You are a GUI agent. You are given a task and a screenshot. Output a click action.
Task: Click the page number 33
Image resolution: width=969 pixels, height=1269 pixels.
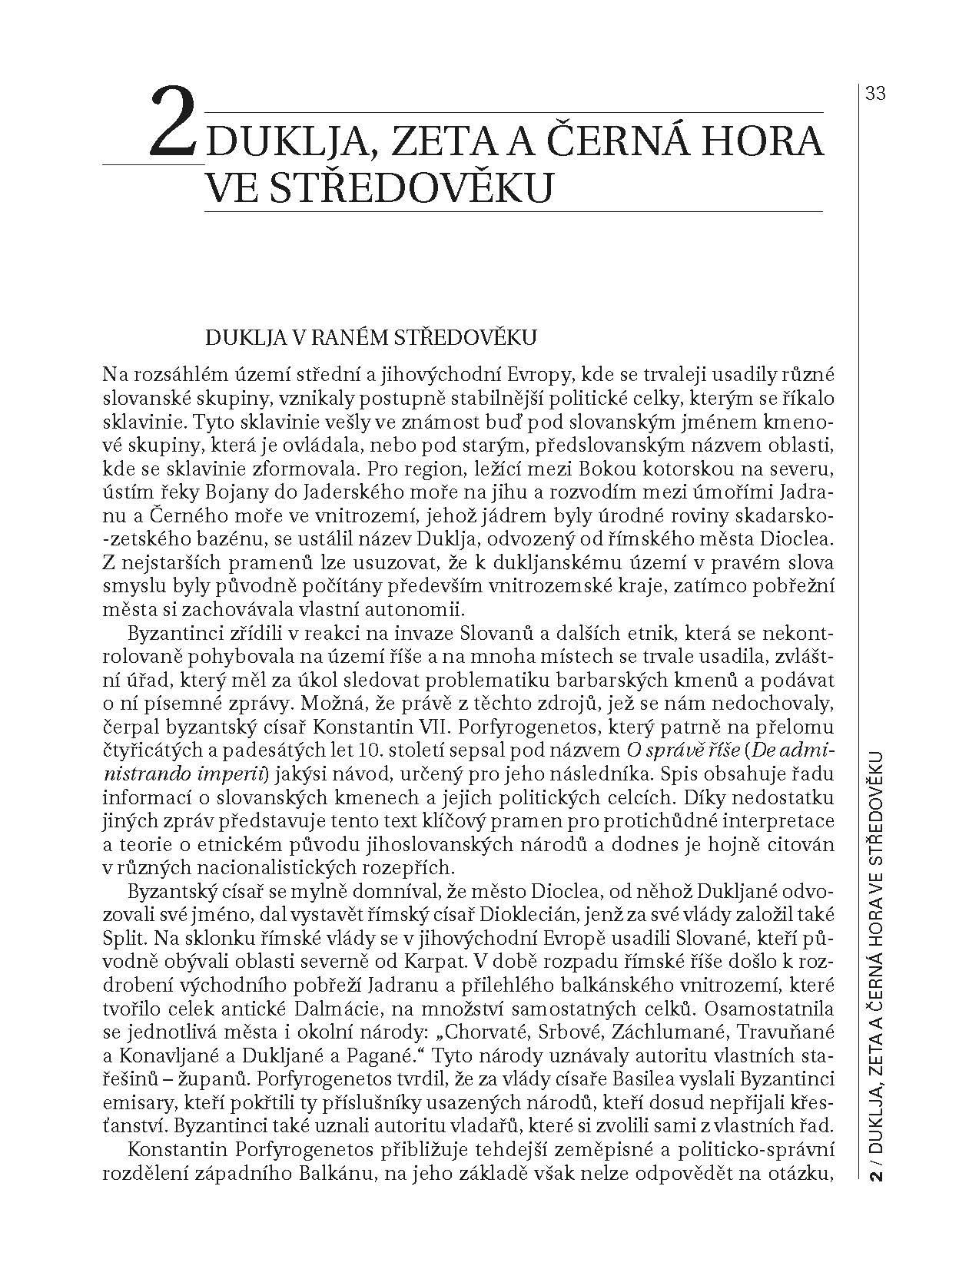875,94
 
